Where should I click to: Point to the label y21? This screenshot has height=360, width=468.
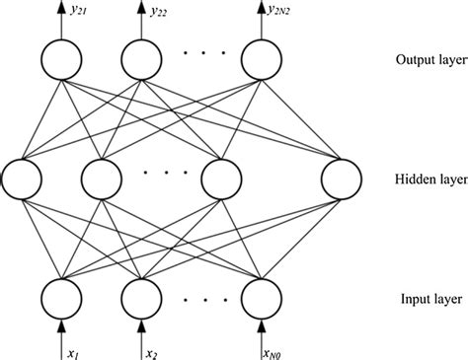[76, 12]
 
